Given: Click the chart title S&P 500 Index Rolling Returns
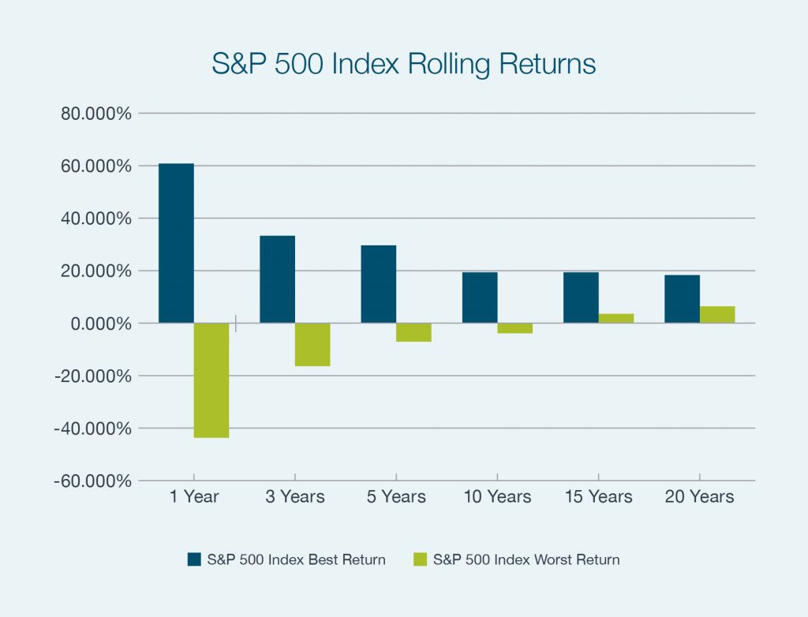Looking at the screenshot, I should [x=403, y=64].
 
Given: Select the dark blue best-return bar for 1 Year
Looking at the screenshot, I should [x=176, y=243].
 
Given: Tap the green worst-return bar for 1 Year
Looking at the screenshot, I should [x=211, y=380].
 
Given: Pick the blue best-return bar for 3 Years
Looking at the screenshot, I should [x=277, y=279].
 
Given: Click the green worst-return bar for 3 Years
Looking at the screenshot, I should [x=312, y=345].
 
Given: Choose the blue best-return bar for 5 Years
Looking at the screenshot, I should [x=378, y=284].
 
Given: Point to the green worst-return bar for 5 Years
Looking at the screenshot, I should [x=413, y=332].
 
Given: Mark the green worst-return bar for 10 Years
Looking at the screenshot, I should [x=515, y=328].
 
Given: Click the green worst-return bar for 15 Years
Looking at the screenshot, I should [x=616, y=319].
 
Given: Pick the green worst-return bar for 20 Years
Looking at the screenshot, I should [x=717, y=315].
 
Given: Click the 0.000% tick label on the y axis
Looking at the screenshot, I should [x=99, y=323].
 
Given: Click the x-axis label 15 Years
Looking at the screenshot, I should [x=598, y=497].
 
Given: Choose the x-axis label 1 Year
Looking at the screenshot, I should [x=193, y=497].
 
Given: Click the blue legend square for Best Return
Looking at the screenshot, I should [x=194, y=559].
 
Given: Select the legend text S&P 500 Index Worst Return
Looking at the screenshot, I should [x=526, y=559].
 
